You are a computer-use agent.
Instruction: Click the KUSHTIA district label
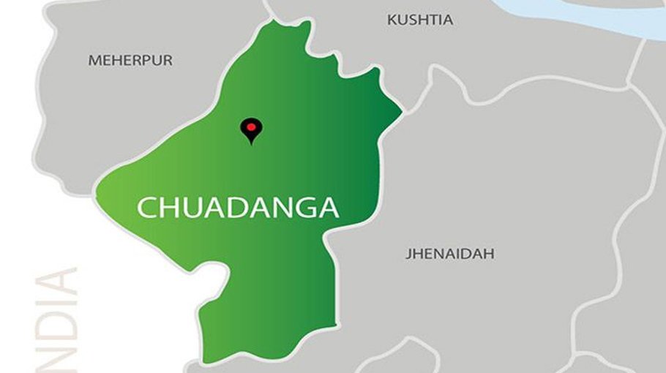pos(419,20)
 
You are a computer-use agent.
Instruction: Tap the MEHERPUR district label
pos(130,61)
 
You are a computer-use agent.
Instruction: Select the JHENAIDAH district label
pos(449,255)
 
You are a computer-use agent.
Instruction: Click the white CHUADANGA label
pos(239,208)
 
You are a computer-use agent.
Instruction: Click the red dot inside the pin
pos(251,127)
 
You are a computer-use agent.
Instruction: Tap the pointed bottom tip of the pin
pos(251,143)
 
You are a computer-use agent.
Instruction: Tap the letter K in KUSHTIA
pos(392,20)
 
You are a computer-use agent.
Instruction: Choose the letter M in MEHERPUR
pos(94,61)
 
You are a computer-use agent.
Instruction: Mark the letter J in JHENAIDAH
pos(408,255)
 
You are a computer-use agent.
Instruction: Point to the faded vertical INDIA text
pos(57,322)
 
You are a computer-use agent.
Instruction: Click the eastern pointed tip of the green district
pos(400,113)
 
